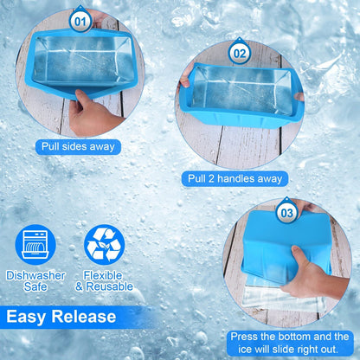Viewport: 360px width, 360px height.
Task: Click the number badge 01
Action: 80,18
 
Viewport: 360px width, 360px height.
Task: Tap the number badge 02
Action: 241,53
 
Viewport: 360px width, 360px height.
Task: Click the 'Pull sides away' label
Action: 78,146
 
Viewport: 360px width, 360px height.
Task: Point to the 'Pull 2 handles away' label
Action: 235,178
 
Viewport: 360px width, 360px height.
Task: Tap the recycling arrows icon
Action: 104,244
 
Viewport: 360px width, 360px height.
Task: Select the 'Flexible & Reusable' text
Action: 104,280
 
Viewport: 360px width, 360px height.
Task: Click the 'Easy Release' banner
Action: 61,316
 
